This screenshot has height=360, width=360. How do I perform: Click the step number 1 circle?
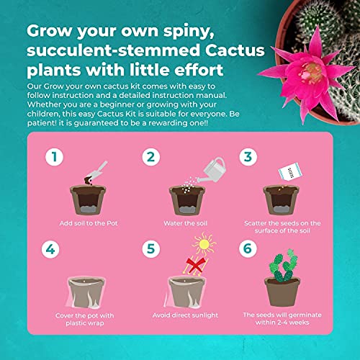point(55,157)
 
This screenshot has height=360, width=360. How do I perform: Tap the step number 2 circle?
point(151,157)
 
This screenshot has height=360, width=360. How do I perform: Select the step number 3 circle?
point(248,157)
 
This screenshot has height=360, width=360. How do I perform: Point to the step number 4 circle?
point(50,249)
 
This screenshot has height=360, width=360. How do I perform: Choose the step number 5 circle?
point(151,249)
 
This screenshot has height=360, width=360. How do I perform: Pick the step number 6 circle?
point(248,248)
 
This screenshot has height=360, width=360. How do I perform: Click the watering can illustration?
point(212,171)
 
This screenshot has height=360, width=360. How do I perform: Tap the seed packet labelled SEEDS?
point(290,171)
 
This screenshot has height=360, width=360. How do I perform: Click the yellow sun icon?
point(204,244)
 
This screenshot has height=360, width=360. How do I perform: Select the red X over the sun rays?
point(196,265)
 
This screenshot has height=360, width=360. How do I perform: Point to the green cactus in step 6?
point(284,266)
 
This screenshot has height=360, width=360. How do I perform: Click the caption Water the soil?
point(185,223)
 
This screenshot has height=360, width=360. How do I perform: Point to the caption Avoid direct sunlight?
point(185,315)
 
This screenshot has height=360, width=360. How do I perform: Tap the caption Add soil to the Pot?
point(89,223)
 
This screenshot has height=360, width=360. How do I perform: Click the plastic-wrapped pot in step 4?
point(86,292)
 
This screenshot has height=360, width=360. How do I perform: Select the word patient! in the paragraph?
point(42,123)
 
